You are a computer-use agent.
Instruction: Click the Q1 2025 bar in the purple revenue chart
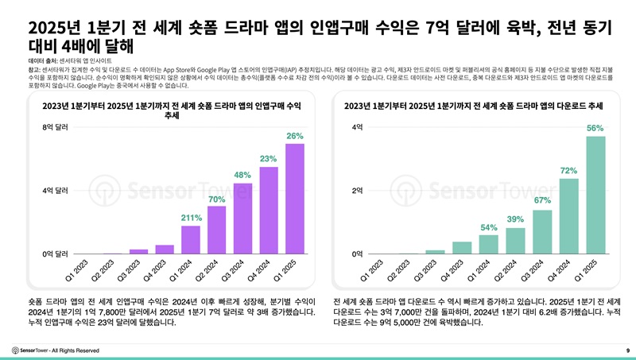point(294,199)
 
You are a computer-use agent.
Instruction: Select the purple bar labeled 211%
point(191,239)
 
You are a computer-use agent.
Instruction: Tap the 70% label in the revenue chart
point(216,199)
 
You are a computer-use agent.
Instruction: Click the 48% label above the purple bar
point(242,175)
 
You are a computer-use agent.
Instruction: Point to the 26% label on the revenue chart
point(294,136)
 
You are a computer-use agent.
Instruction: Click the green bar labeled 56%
point(595,195)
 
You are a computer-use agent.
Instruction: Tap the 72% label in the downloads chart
point(569,171)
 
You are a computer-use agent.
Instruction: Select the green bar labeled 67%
point(542,231)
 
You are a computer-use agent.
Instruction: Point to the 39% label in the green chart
point(515,219)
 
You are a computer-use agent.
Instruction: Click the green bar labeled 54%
point(489,244)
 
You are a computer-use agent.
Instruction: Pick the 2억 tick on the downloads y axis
point(357,191)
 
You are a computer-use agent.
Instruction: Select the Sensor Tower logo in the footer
point(34,350)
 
